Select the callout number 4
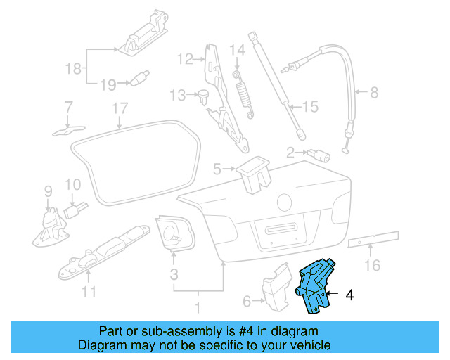[x=349, y=296]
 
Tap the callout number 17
[x=120, y=109]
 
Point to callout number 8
[x=373, y=92]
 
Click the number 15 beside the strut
[x=310, y=107]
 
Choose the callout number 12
[x=184, y=59]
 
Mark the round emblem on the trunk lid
[x=285, y=202]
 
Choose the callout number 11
[x=88, y=292]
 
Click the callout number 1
[x=198, y=307]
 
